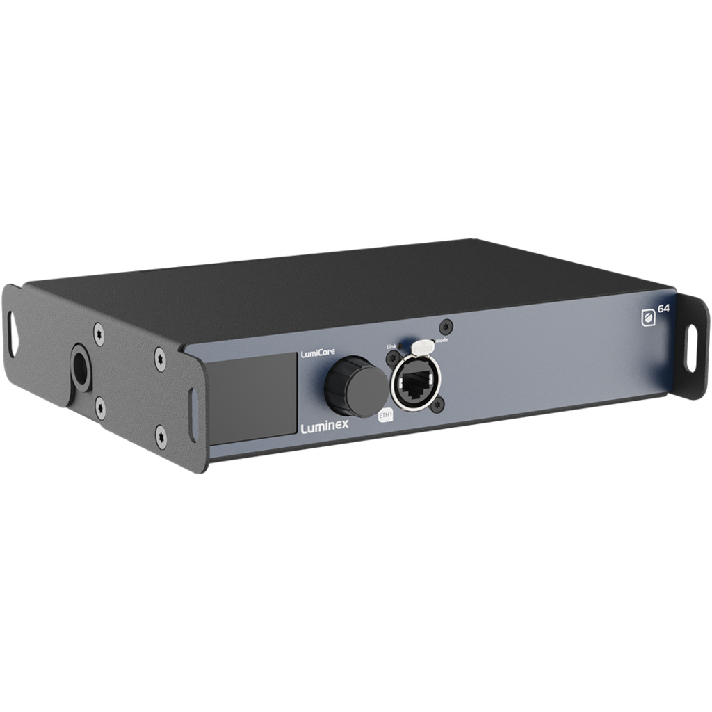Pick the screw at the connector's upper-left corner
click(x=391, y=358)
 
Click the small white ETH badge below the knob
click(x=385, y=415)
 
